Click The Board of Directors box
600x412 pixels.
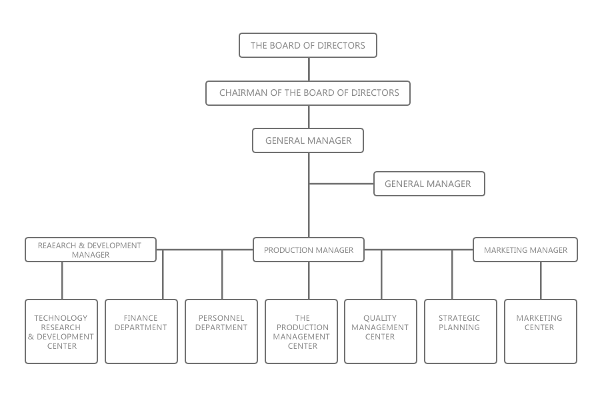pos(308,45)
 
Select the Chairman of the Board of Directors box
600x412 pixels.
pos(308,93)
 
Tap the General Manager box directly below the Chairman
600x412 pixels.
pos(308,140)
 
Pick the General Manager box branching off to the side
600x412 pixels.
pos(429,184)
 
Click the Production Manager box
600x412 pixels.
pos(309,250)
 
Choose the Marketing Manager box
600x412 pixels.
pos(525,250)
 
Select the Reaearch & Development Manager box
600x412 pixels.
pos(91,250)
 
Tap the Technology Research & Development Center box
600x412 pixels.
pos(61,331)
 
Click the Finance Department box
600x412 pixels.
pos(141,331)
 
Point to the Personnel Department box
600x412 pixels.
pos(221,331)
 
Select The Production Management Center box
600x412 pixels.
pos(301,331)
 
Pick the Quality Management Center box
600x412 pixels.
pos(381,331)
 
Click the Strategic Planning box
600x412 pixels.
pos(461,331)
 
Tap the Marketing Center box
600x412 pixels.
pos(541,331)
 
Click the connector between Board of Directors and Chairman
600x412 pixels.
pos(309,69)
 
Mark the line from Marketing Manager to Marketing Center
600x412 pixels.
pos(541,280)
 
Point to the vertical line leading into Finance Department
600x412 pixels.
pos(163,274)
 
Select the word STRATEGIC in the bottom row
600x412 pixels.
pos(459,318)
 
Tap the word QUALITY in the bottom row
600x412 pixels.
pos(380,318)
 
